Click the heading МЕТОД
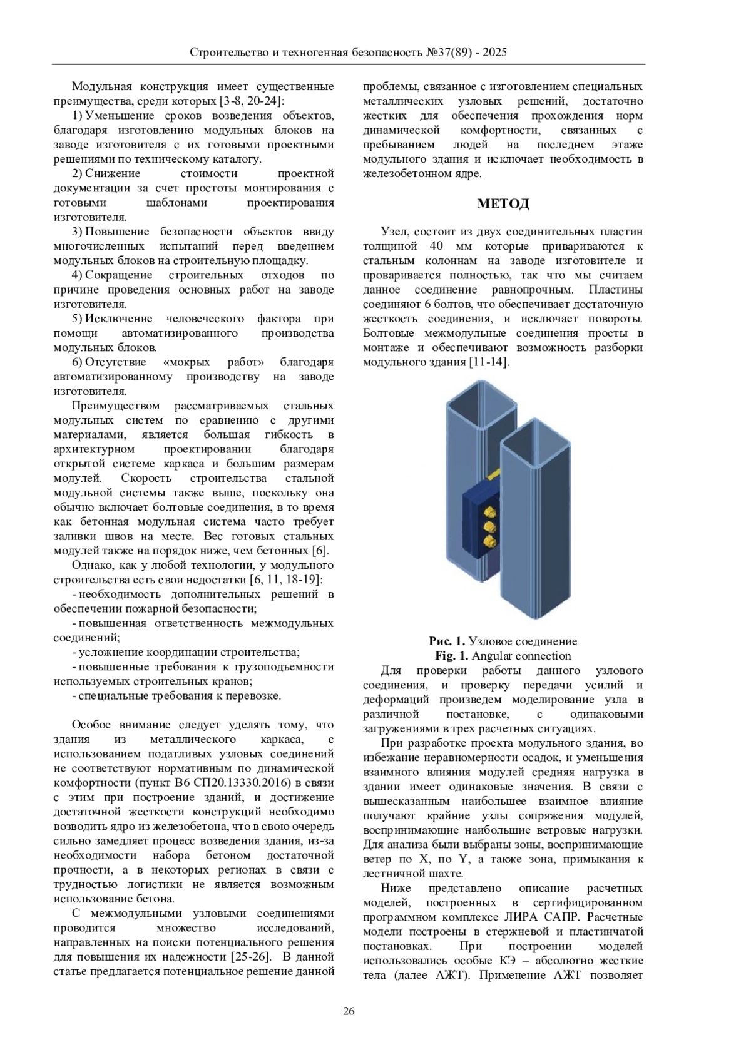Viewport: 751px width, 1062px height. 503,203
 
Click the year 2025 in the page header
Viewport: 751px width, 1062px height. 494,53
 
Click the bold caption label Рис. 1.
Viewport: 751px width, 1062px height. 447,641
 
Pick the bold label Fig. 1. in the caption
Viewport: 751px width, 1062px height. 452,656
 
